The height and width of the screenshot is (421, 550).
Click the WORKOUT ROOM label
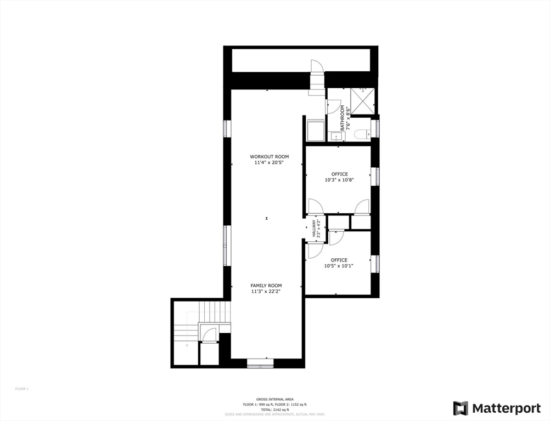point(269,157)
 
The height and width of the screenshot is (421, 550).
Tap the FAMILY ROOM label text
point(266,286)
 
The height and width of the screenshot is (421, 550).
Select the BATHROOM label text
point(342,117)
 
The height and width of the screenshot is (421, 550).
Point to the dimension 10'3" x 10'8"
point(339,180)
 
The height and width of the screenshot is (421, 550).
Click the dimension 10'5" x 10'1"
point(339,266)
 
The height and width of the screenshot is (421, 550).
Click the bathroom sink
point(334,136)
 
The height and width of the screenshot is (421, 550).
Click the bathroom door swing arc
point(334,106)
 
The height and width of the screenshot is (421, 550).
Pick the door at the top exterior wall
point(317,66)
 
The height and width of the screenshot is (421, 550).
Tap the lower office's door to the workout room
point(315,250)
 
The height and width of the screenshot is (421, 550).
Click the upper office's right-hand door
point(362,207)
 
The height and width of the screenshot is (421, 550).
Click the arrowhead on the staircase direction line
point(187,345)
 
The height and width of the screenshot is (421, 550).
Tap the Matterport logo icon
point(461,408)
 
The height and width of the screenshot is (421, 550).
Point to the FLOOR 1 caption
point(21,389)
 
